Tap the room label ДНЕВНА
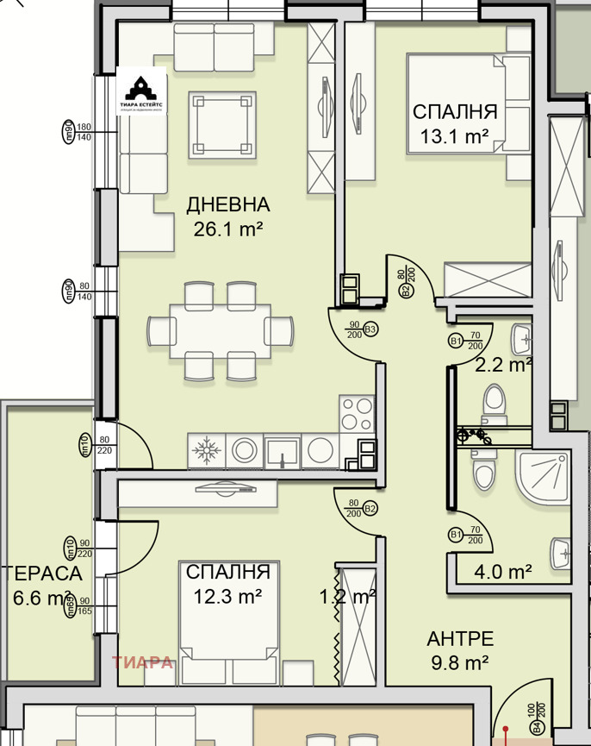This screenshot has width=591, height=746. click(x=228, y=205)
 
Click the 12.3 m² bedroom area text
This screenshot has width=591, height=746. click(x=227, y=595)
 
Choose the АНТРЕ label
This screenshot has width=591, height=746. click(x=460, y=639)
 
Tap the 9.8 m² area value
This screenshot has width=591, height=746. click(x=460, y=662)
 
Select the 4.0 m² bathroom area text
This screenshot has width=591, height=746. click(x=503, y=571)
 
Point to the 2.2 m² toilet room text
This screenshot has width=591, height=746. click(x=504, y=365)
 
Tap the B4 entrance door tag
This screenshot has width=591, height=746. click(x=538, y=729)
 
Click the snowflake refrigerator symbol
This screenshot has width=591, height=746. click(x=205, y=450)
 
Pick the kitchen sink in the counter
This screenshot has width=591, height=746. click(x=283, y=450)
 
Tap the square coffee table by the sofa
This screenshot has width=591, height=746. click(x=222, y=125)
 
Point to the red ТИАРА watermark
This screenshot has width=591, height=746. click(x=142, y=663)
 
